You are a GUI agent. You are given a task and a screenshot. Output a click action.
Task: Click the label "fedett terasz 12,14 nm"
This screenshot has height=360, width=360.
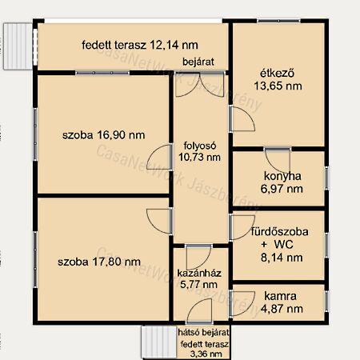(140, 45)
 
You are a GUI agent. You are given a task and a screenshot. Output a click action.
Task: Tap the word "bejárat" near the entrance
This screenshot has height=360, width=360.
(198, 62)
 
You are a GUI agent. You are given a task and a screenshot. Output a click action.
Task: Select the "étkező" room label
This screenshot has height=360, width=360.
(278, 73)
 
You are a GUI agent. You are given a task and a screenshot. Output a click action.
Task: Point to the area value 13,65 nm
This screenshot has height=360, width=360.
(278, 86)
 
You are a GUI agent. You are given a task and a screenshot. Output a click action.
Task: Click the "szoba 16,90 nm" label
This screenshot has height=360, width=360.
(104, 135)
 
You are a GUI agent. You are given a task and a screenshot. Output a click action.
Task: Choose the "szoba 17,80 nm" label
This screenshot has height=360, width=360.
(99, 262)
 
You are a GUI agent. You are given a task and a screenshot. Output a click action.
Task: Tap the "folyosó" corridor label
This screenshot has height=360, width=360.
(200, 146)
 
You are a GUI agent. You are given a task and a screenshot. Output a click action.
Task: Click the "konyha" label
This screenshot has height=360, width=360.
(282, 176)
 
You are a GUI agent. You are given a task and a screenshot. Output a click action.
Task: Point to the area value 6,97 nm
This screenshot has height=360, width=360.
(282, 189)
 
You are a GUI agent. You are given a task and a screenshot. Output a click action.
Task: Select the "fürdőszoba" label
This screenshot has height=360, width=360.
(280, 231)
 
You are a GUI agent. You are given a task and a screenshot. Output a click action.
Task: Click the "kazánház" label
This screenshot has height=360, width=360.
(199, 273)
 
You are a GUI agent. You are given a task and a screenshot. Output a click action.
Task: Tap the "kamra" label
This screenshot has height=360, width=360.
(280, 296)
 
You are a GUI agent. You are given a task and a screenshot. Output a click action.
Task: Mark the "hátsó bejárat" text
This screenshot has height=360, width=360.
(203, 332)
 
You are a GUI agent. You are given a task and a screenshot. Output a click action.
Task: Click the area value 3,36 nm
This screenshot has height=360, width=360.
(206, 354)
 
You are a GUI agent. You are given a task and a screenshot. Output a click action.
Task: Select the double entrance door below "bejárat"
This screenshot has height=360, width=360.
(200, 84)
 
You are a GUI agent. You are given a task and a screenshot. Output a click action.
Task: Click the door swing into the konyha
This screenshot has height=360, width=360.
(278, 160)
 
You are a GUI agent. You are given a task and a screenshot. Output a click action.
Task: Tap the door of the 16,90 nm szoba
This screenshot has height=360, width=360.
(159, 157)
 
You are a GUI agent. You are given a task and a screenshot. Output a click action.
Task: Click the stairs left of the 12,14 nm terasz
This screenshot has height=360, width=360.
(18, 46)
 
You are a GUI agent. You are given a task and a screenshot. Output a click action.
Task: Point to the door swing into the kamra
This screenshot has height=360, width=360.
(242, 304)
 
